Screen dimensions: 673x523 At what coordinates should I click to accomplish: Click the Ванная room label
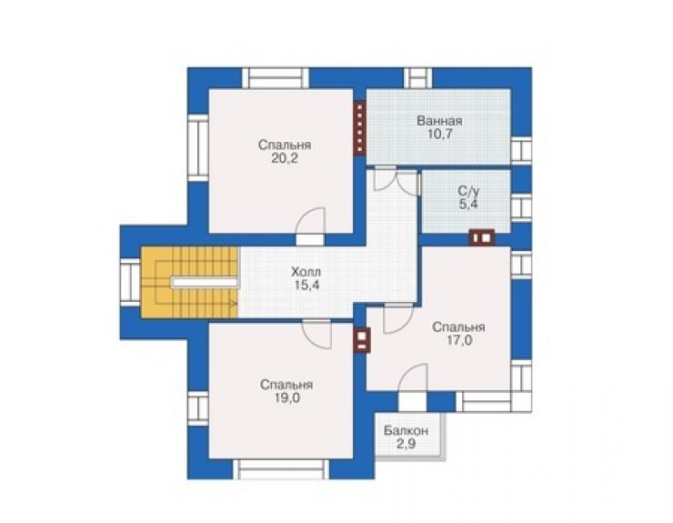click(x=439, y=121)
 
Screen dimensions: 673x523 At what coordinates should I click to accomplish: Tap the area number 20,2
click(x=285, y=158)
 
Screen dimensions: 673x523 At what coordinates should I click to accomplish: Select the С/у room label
click(x=467, y=191)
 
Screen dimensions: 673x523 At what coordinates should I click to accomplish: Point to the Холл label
click(x=306, y=272)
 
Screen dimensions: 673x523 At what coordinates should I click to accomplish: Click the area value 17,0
click(x=459, y=340)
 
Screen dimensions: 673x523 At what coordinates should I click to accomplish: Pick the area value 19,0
click(x=286, y=398)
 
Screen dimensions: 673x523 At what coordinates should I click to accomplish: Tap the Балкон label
click(x=406, y=430)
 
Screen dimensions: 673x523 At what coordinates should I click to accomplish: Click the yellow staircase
click(x=189, y=282)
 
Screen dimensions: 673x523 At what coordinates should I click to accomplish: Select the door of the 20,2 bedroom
click(x=311, y=226)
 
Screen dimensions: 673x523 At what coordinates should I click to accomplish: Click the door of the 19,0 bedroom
click(x=316, y=334)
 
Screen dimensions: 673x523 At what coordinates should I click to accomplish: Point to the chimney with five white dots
click(x=359, y=127)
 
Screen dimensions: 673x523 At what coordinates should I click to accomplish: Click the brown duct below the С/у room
click(x=482, y=237)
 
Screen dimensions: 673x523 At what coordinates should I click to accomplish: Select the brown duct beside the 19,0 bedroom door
click(x=362, y=340)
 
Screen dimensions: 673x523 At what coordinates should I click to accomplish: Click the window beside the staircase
click(x=130, y=282)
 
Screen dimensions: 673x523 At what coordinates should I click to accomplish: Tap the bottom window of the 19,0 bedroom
click(x=282, y=469)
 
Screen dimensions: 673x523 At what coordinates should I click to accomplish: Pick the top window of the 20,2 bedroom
click(x=276, y=78)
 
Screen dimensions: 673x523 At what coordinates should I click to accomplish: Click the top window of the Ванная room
click(x=418, y=78)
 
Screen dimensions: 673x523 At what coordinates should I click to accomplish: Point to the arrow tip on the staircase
click(x=236, y=304)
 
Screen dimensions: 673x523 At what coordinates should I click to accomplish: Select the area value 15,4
click(x=306, y=285)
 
